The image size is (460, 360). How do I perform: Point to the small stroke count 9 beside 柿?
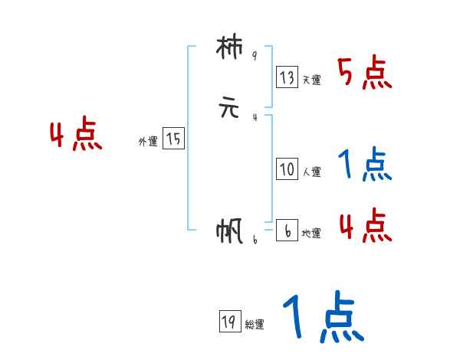tap(254, 56)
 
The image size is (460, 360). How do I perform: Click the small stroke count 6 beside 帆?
tap(255, 240)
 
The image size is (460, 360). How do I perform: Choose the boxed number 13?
tap(287, 77)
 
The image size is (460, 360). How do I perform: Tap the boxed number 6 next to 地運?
tap(287, 230)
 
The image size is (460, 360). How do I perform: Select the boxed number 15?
tap(173, 139)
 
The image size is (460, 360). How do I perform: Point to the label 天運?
tap(311, 80)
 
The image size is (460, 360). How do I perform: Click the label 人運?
tap(311, 172)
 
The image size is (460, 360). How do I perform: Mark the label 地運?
tap(311, 233)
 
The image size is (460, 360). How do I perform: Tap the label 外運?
tap(148, 142)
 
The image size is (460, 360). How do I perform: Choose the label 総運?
tap(255, 325)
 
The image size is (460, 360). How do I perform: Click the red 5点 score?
tap(365, 74)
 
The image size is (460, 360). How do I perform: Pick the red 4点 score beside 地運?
tap(365, 225)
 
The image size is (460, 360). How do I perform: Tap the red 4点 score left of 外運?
tap(76, 136)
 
